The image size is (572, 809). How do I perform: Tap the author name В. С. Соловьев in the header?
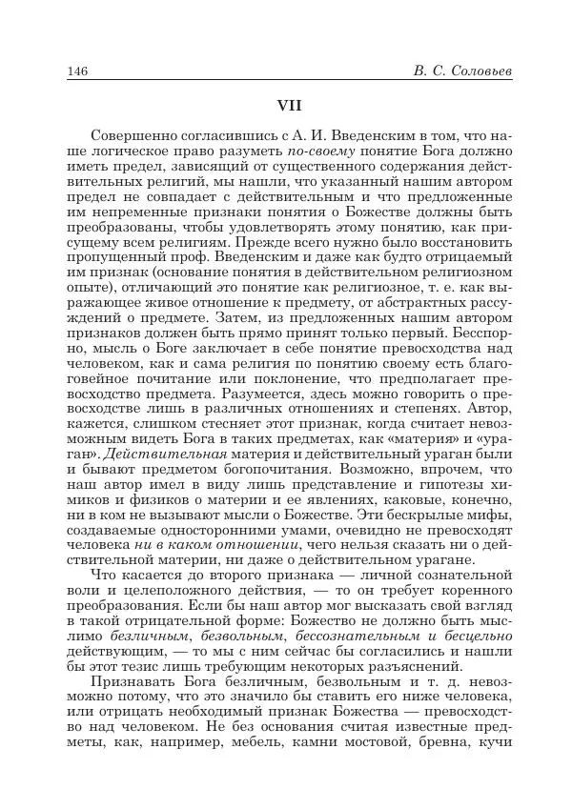(x=451, y=71)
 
